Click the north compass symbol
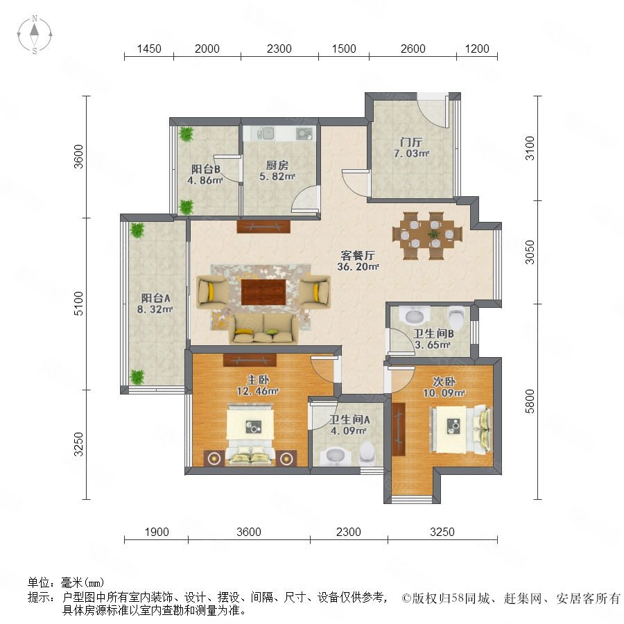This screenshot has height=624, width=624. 35,35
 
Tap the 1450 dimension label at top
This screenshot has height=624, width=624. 149,49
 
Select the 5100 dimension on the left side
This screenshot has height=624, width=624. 79,303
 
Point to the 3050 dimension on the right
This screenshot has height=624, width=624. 530,252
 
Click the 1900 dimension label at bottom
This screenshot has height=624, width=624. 157,532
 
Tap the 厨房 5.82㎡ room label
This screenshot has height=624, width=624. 277,171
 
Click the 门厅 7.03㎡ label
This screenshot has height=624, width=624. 411,148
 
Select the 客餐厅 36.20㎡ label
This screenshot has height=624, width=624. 358,261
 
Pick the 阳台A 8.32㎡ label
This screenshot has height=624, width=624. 155,303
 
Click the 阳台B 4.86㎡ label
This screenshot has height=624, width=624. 205,174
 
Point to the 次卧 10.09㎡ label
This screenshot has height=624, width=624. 444,387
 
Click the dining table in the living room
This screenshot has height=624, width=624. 427,236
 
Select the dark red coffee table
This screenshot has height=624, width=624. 263,292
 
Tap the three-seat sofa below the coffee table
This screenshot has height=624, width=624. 263,329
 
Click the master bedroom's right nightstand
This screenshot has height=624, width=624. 286,458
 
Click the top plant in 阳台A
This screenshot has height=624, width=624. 137,230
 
